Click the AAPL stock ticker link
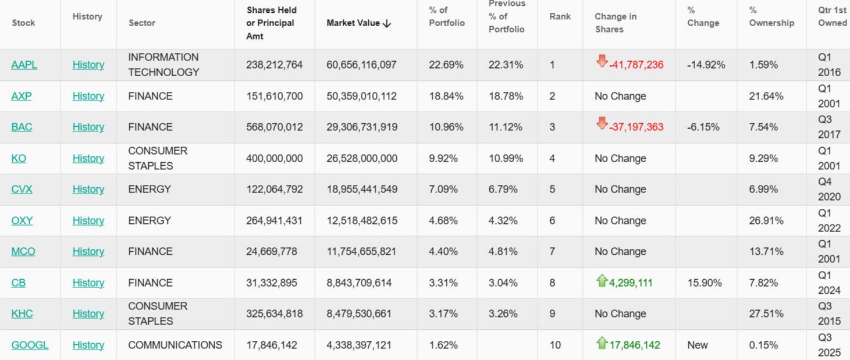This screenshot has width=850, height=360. pyautogui.click(x=24, y=65)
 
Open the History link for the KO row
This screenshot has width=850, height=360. pyautogui.click(x=88, y=158)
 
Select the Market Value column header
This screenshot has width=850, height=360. pyautogui.click(x=353, y=23)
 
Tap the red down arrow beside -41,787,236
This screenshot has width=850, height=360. pyautogui.click(x=602, y=61)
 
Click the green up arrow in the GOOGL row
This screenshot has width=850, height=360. pyautogui.click(x=602, y=343)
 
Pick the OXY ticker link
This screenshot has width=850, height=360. pyautogui.click(x=22, y=220)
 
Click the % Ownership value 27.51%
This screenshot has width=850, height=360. pyautogui.click(x=763, y=313)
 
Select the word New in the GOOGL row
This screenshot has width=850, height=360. pyautogui.click(x=697, y=345)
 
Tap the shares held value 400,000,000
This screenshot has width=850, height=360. pyautogui.click(x=274, y=158)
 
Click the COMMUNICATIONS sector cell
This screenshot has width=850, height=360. pyautogui.click(x=175, y=345)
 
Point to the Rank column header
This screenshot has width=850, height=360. pyautogui.click(x=560, y=16)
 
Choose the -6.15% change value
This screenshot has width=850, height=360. pyautogui.click(x=703, y=127)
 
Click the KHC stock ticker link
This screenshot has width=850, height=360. pyautogui.click(x=22, y=313)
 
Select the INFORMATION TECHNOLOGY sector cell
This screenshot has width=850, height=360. pyautogui.click(x=163, y=65)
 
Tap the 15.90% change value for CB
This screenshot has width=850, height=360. pyautogui.click(x=704, y=283)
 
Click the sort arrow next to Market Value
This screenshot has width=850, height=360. pyautogui.click(x=387, y=23)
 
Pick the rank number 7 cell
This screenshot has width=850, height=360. pyautogui.click(x=552, y=251)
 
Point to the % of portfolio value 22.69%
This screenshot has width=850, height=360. pyautogui.click(x=446, y=65)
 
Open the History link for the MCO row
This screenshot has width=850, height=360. pyautogui.click(x=88, y=251)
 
